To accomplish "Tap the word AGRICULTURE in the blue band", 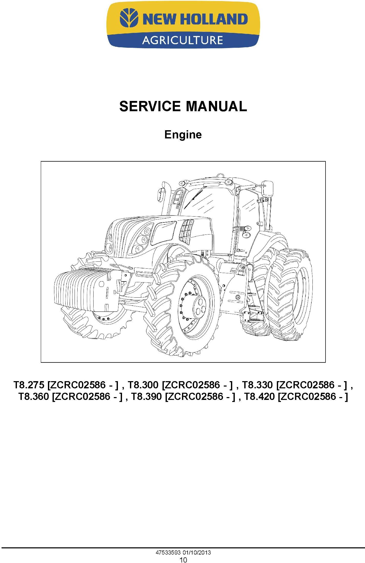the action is point(182,40).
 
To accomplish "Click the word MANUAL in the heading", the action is point(216,106).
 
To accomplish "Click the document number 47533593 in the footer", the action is point(168,550).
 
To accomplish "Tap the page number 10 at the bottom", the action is point(184,558).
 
